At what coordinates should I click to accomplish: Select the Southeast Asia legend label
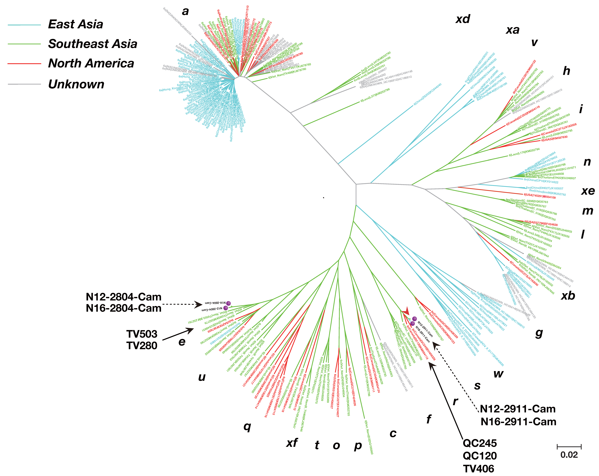(92, 44)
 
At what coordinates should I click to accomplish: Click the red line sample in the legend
(24, 64)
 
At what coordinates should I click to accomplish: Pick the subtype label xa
(513, 30)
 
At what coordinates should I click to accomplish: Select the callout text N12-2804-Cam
(124, 297)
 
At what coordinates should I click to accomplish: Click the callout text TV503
(142, 334)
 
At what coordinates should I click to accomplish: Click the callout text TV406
(478, 469)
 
